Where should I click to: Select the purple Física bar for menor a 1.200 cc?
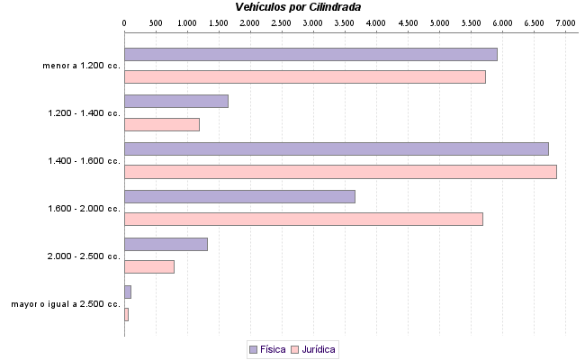(x=310, y=54)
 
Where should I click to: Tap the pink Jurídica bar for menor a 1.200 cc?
(x=304, y=77)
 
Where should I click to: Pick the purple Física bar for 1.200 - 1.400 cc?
(x=175, y=101)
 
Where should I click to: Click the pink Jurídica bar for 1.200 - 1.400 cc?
(x=161, y=124)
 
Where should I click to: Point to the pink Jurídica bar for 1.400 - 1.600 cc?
(x=340, y=172)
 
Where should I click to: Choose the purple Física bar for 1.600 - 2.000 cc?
(x=239, y=196)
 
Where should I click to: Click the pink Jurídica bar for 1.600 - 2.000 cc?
(x=303, y=219)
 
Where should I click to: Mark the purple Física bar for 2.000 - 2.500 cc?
(x=166, y=244)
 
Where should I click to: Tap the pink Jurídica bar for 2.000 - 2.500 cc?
(x=148, y=266)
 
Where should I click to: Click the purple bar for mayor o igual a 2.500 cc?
(x=128, y=292)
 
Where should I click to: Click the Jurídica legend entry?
(x=314, y=349)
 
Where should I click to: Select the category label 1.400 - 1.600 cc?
(x=84, y=161)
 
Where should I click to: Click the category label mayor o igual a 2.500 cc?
(x=65, y=304)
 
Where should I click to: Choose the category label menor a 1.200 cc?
(x=81, y=66)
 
